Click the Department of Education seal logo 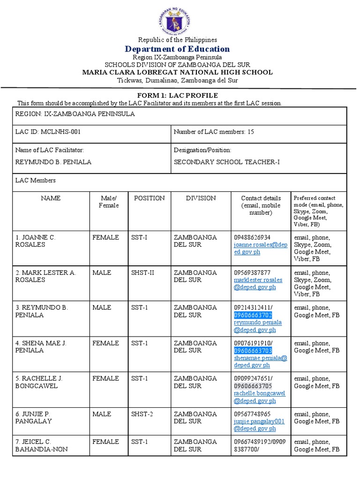(177, 19)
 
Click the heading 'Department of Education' (177, 49)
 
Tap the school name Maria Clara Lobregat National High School (177, 72)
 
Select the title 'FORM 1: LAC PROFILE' (177, 95)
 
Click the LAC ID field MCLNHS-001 (48, 132)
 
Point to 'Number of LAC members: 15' (214, 132)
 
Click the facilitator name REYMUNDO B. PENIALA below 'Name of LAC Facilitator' (53, 162)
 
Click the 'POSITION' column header (149, 198)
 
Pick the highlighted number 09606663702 (253, 315)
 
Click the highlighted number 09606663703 (253, 351)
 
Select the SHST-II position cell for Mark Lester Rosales (142, 273)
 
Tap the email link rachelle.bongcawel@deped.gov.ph (259, 397)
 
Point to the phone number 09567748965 (252, 414)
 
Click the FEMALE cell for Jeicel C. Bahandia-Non (105, 442)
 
